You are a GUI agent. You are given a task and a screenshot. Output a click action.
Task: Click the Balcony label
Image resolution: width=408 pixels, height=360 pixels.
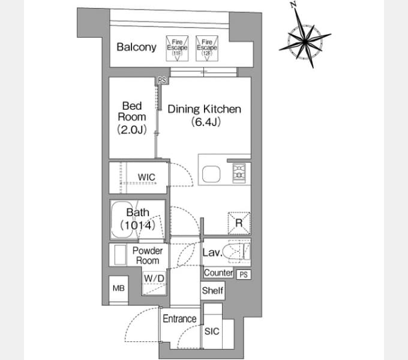(136, 47)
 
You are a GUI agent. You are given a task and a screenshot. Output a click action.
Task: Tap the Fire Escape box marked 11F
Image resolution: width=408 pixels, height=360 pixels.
(177, 49)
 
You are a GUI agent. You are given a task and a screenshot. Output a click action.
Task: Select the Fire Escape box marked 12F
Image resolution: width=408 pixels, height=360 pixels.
(207, 49)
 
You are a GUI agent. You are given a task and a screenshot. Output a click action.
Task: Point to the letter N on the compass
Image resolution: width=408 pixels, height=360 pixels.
(294, 4)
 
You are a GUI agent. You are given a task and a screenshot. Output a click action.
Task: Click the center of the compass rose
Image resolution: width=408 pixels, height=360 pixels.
(305, 41)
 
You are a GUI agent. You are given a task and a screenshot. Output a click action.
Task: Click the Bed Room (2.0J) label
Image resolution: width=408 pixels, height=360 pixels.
(132, 118)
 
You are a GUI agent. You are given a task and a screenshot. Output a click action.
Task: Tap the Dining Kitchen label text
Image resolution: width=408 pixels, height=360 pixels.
(204, 109)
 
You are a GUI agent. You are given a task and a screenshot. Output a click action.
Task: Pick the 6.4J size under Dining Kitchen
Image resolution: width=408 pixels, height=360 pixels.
(206, 122)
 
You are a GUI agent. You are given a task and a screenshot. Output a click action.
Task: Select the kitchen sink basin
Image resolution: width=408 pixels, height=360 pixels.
(211, 174)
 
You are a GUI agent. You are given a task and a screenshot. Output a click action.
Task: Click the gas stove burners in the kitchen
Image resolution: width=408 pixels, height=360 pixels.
(239, 173)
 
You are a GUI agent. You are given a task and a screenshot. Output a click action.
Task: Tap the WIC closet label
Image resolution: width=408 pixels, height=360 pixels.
(146, 178)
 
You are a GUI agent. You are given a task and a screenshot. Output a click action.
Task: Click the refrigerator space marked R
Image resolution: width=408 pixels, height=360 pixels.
(239, 223)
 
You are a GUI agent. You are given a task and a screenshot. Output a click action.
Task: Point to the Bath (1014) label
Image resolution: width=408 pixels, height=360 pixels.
(137, 219)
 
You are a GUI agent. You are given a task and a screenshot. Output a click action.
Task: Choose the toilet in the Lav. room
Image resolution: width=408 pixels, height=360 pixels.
(239, 252)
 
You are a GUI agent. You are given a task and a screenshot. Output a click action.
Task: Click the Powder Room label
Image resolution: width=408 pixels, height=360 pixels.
(148, 256)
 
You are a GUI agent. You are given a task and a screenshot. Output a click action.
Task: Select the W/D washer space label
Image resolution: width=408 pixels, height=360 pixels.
(154, 278)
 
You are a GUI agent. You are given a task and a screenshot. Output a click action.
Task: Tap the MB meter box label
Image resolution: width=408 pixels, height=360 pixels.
(119, 288)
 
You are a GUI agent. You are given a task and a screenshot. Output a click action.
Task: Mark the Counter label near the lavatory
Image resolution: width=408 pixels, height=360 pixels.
(218, 272)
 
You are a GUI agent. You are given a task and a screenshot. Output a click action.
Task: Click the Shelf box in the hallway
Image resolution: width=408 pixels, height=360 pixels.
(212, 290)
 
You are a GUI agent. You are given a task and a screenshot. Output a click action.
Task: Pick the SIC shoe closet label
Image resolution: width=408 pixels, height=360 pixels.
(212, 331)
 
